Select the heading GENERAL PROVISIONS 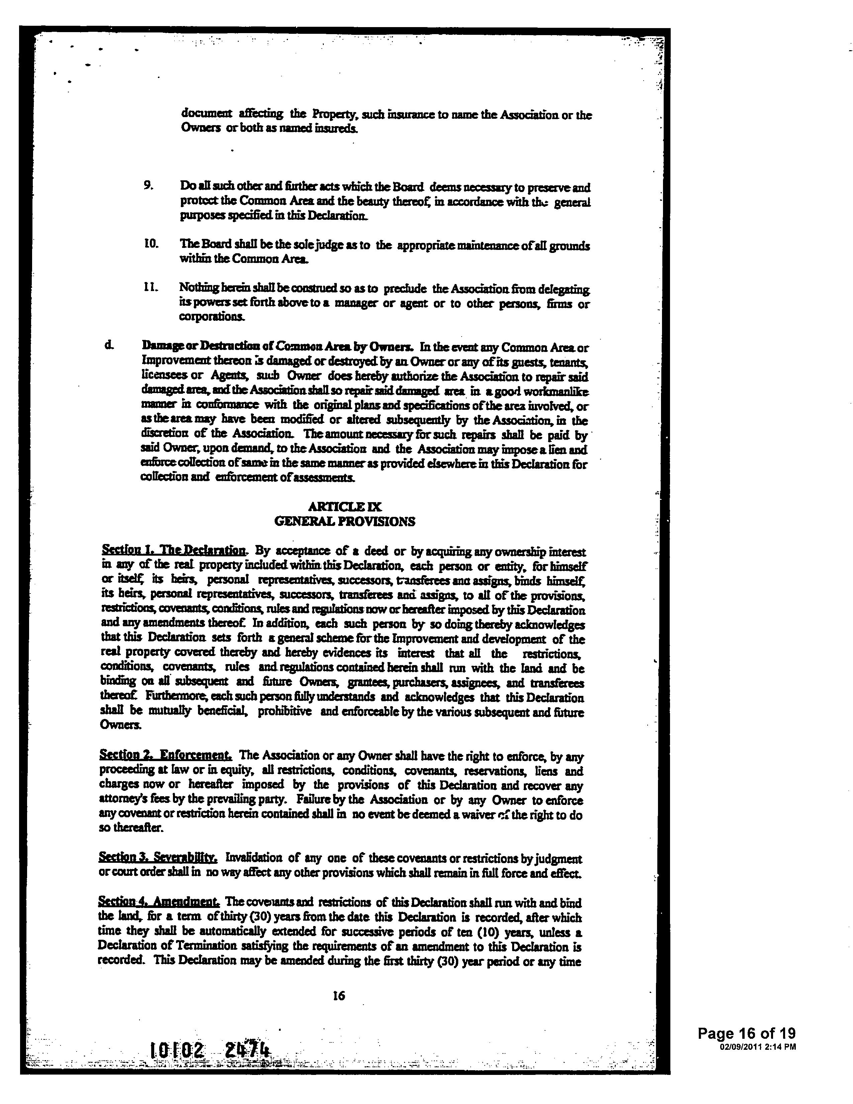345,521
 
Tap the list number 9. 148,186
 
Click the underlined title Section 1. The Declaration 174,550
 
